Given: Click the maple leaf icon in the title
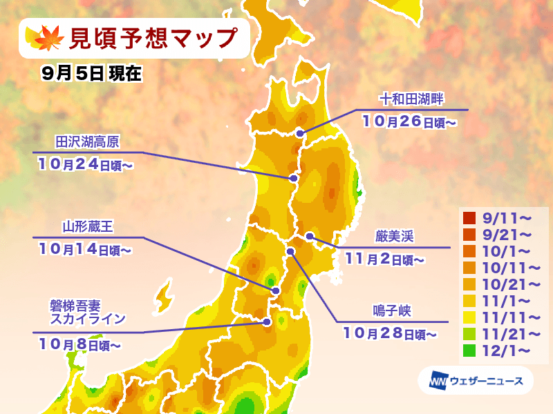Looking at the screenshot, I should tap(45, 37).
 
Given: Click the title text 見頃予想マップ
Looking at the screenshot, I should tap(151, 38).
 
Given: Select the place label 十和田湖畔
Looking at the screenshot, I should tap(411, 100).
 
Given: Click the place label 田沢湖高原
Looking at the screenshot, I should tap(87, 141).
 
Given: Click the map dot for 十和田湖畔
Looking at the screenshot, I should tap(300, 133).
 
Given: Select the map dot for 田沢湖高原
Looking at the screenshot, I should tap(293, 179).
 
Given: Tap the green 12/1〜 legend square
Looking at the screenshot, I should tap(469, 350).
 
